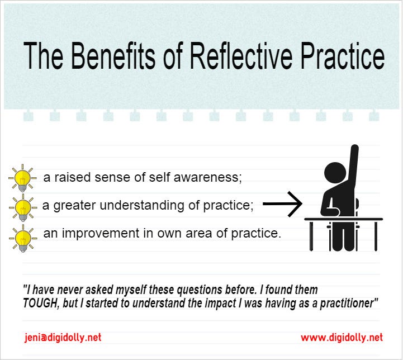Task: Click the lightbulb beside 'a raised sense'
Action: click(22, 178)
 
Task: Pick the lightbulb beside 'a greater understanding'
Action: click(22, 207)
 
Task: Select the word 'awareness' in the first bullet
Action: click(212, 178)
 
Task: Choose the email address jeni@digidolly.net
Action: click(63, 337)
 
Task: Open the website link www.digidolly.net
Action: click(342, 337)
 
